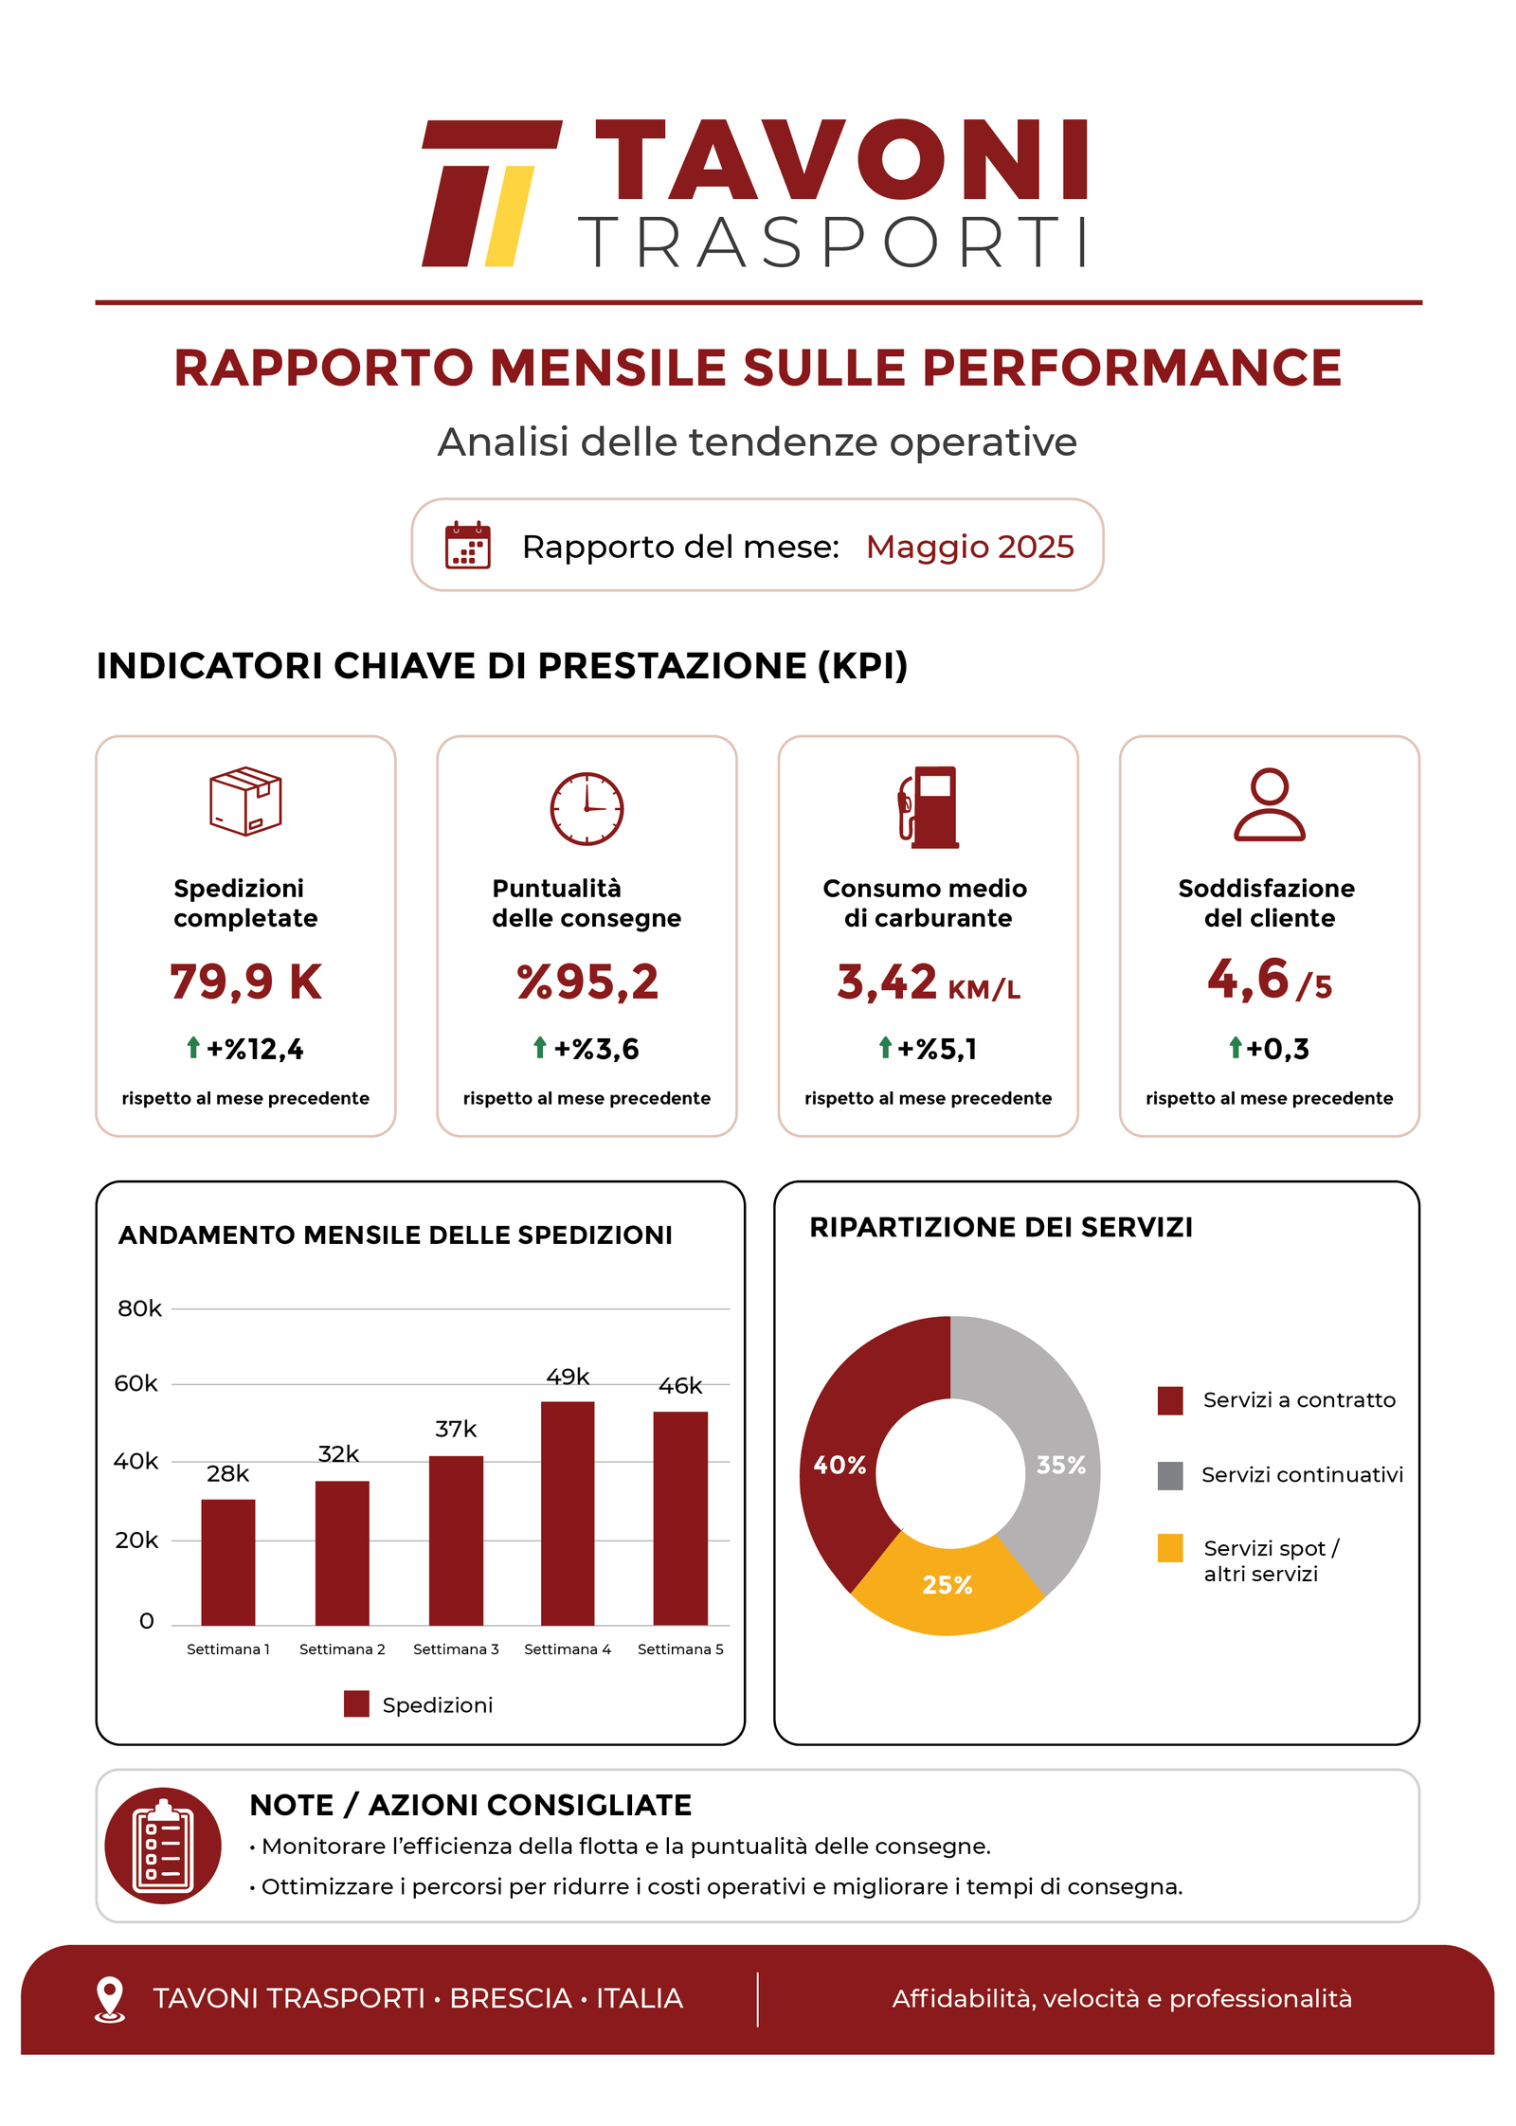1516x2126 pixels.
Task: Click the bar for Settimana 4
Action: point(568,1512)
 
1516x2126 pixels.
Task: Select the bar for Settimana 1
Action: point(227,1561)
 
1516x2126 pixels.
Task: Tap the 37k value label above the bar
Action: point(456,1429)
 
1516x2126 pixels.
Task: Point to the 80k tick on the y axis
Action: point(139,1308)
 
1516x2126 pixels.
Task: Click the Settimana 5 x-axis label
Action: point(680,1649)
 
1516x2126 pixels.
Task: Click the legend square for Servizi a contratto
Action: point(1170,1400)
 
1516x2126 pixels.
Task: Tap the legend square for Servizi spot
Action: point(1170,1548)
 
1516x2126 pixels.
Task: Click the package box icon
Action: point(245,802)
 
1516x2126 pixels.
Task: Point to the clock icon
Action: point(587,808)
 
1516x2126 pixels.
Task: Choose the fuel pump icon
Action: point(929,807)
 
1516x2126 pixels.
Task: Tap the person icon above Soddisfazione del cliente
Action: point(1270,804)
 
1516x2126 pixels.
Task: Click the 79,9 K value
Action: point(246,982)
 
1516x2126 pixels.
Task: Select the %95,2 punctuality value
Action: point(587,982)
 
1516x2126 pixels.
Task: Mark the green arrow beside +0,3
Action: point(1235,1047)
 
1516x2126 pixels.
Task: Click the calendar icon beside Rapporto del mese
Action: point(468,545)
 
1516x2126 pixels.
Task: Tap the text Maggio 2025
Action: point(970,547)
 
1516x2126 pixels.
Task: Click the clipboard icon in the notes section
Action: point(163,1846)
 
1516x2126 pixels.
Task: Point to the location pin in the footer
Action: point(110,1999)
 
